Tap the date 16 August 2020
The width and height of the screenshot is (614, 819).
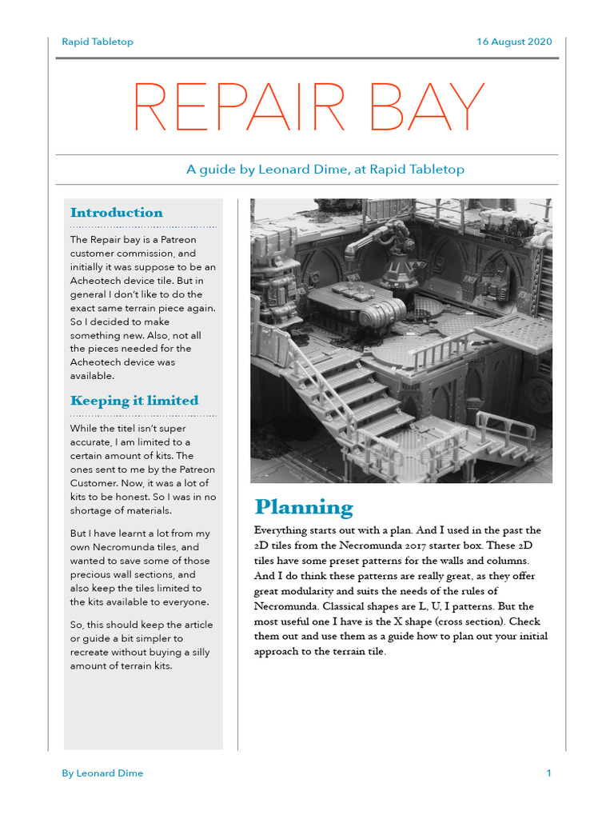[x=514, y=42]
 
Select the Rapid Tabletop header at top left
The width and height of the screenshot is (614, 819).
[x=98, y=42]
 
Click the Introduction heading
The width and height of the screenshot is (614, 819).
[x=116, y=213]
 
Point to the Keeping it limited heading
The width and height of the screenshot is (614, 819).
[x=134, y=401]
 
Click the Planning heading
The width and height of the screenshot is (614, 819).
[x=303, y=508]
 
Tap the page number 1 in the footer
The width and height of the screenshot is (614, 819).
[x=548, y=773]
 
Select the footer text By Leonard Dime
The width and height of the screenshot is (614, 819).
[x=102, y=773]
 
